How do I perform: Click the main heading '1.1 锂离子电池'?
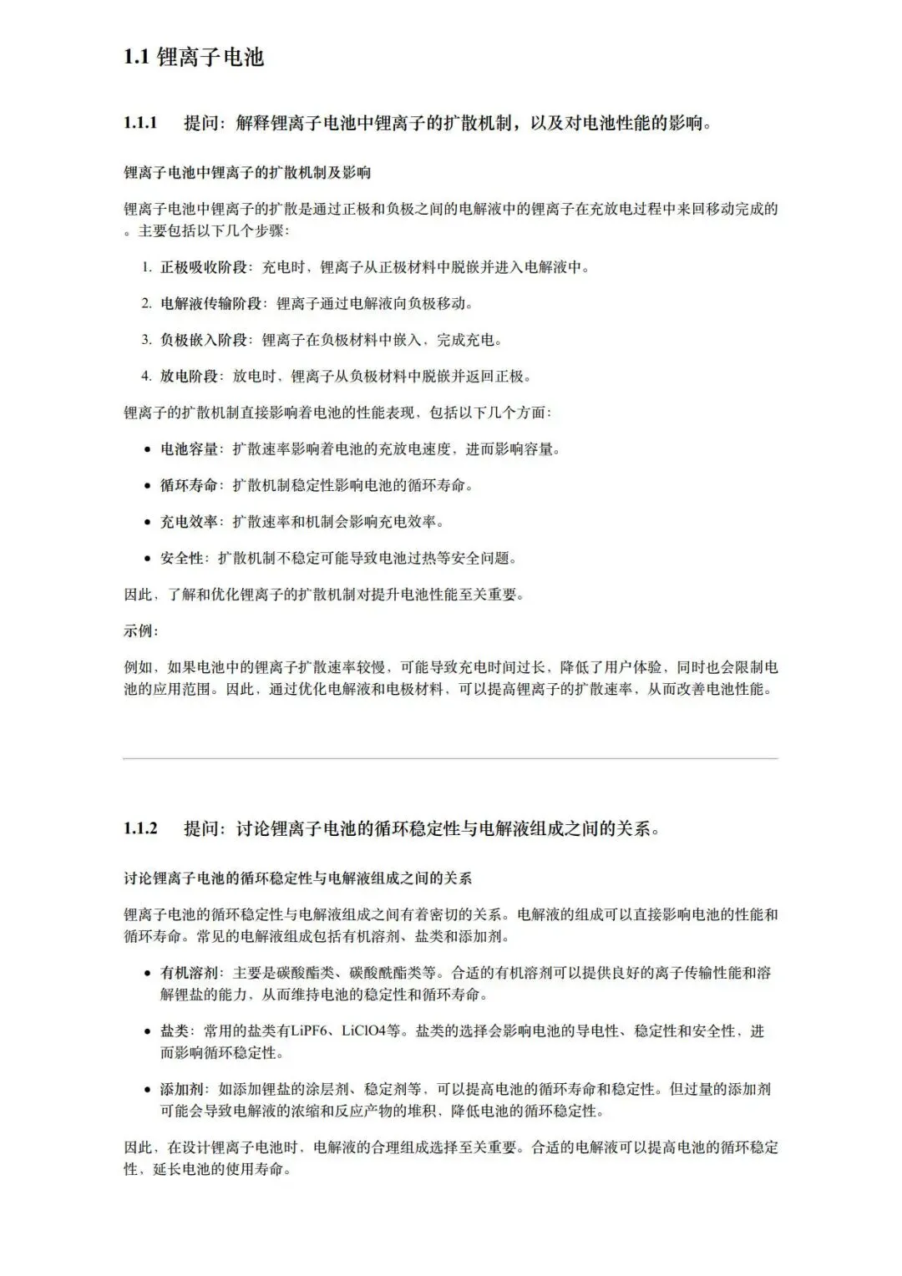point(194,57)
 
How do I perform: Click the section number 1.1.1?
point(140,124)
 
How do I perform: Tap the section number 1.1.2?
point(140,828)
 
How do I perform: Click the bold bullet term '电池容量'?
point(190,449)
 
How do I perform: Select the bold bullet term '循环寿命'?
point(190,485)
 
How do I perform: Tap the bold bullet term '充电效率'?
point(190,522)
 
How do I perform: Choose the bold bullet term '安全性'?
point(182,558)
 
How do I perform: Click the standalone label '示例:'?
point(140,631)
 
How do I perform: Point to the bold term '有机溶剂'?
point(190,973)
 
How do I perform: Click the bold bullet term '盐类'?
point(175,1031)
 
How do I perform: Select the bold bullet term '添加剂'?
point(182,1089)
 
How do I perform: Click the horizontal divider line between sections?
point(450,758)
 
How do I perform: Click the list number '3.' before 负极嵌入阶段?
point(145,340)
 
